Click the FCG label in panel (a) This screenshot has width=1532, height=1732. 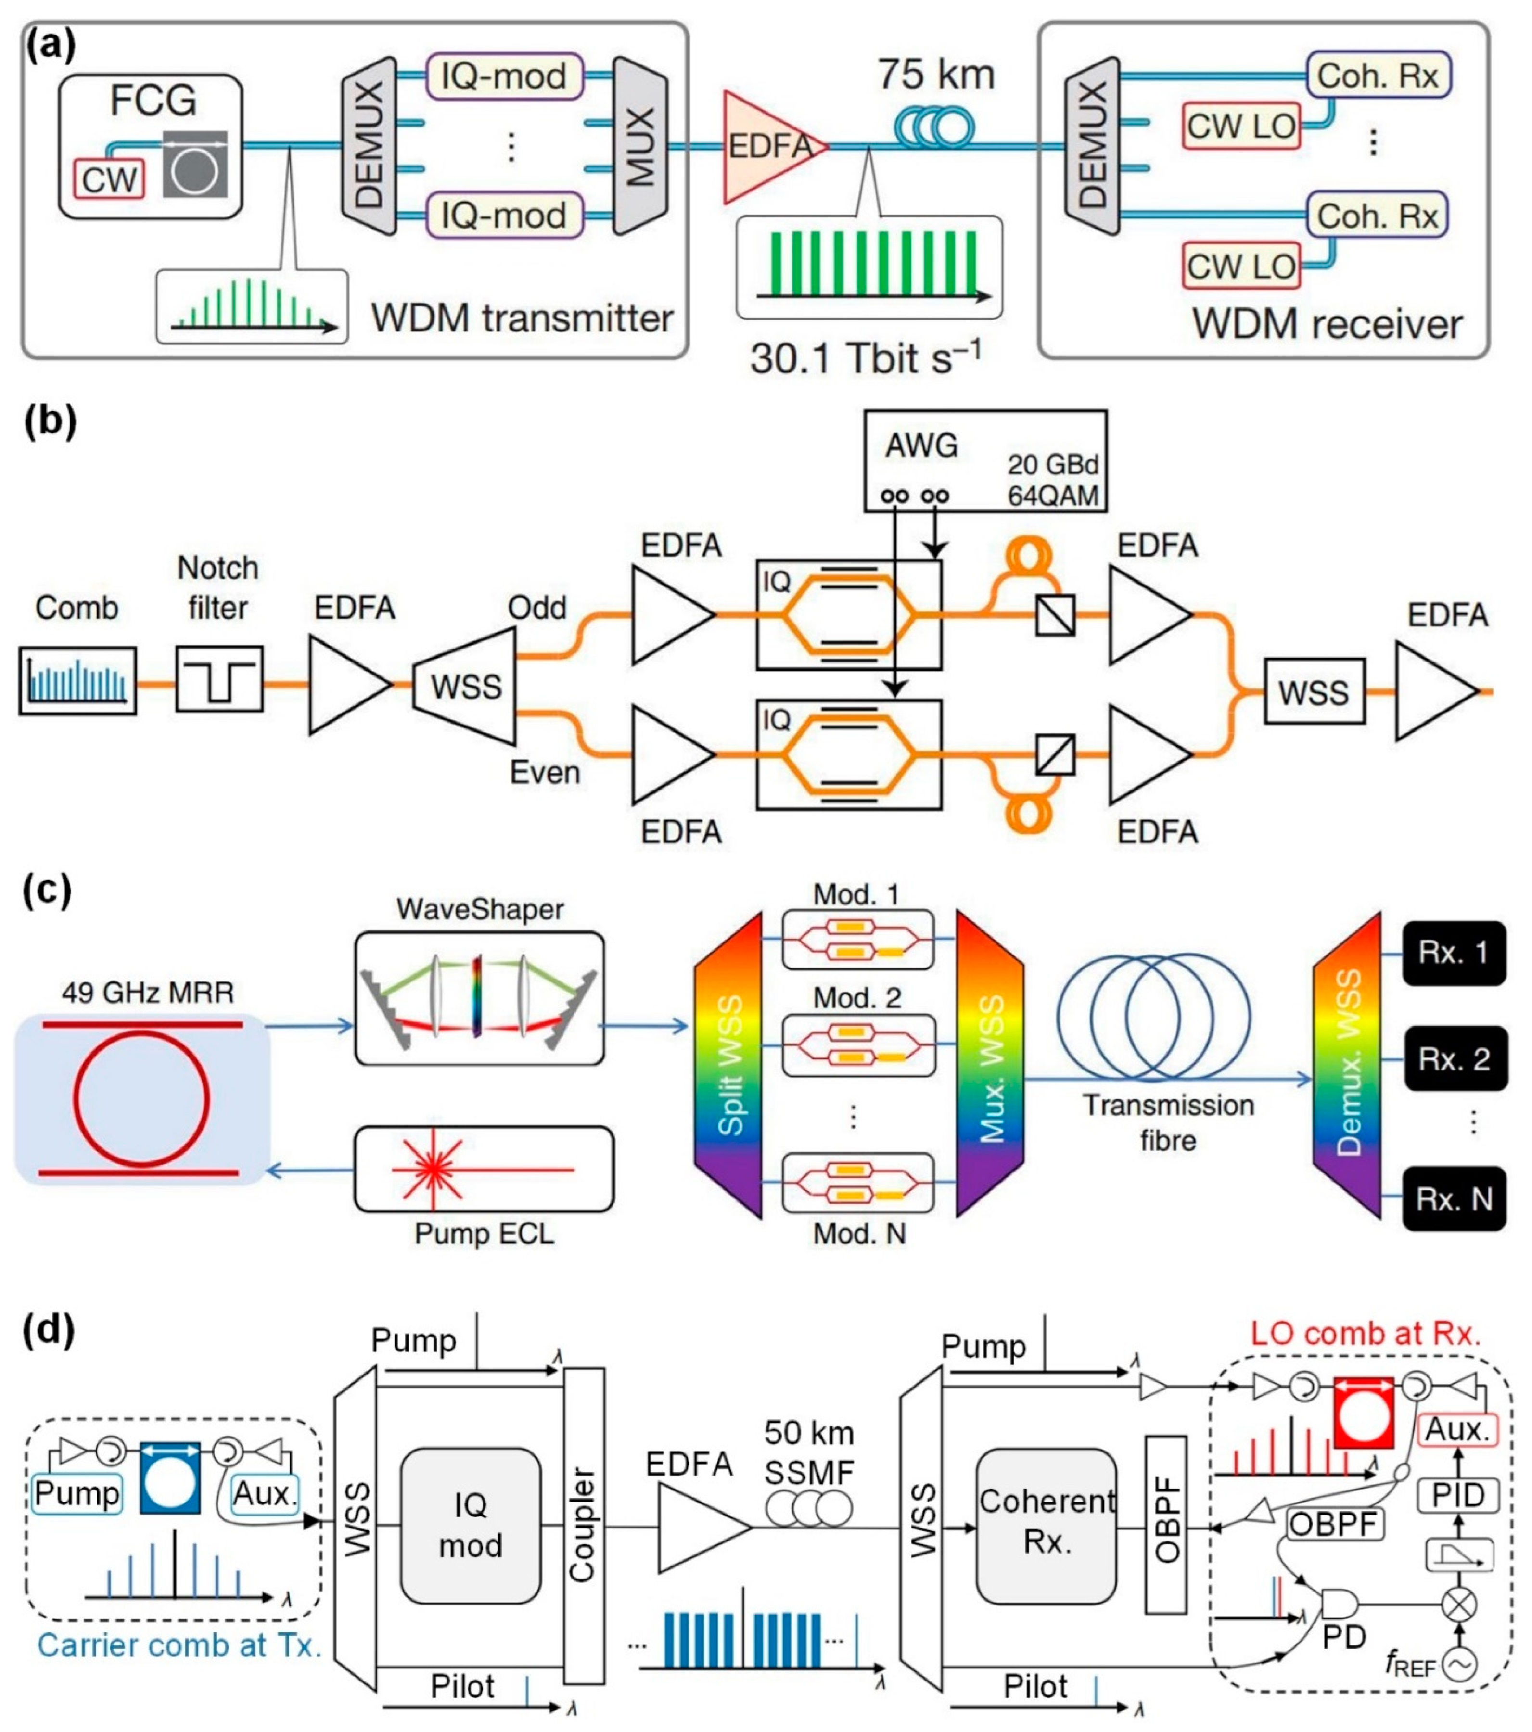153,100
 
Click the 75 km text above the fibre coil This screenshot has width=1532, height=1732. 935,75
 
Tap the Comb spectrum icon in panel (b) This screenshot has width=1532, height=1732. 78,680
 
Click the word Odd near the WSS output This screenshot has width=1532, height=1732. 536,608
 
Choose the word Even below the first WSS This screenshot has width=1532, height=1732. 544,772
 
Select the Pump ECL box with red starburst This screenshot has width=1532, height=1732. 484,1169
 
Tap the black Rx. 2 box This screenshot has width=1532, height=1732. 1454,1058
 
